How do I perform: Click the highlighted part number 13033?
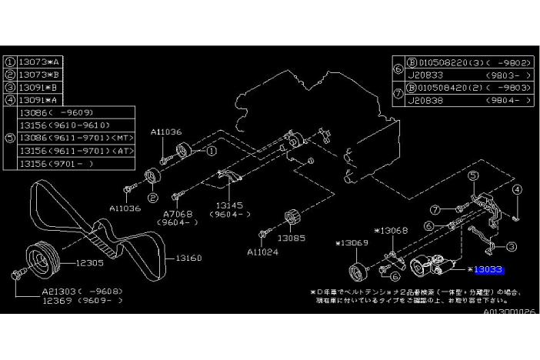tap(489, 270)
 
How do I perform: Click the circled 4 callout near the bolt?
tap(517, 189)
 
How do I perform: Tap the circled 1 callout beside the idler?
tap(208, 152)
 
